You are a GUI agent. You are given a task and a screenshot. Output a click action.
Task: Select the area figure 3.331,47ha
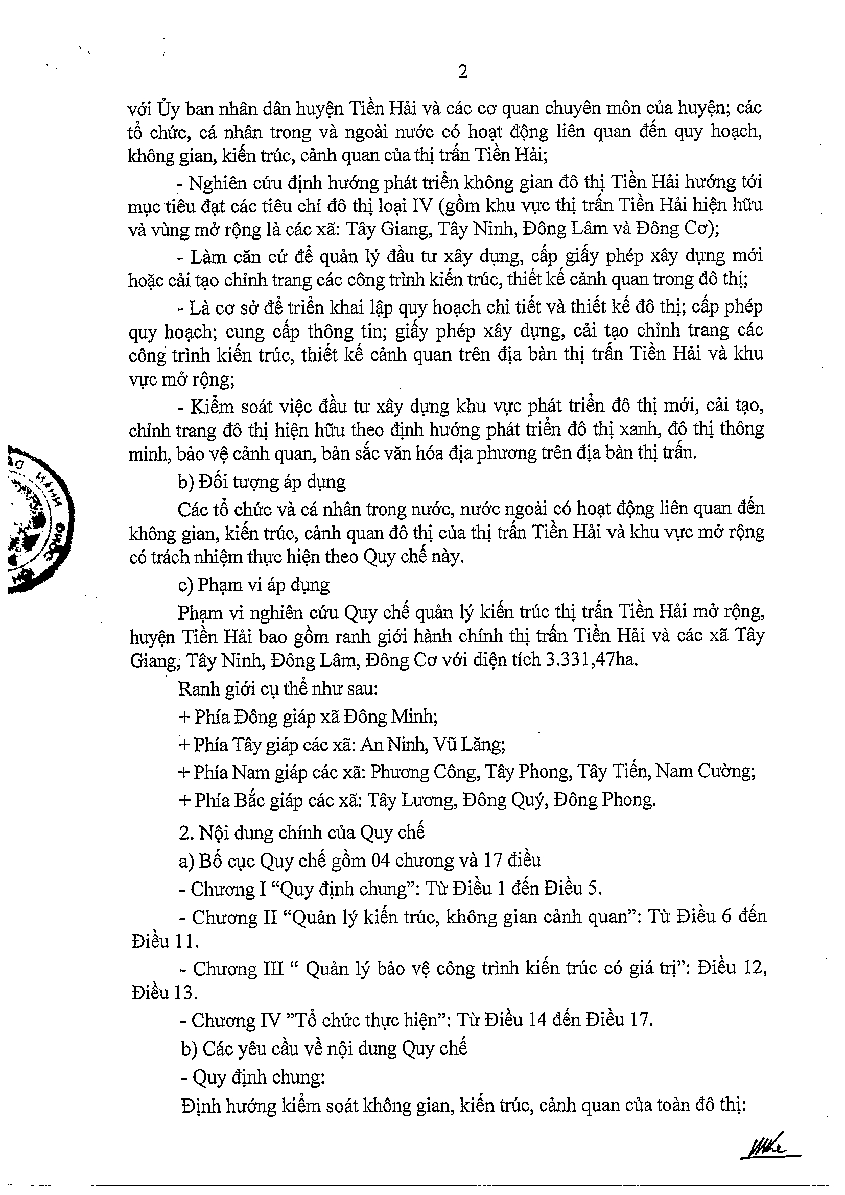click(591, 660)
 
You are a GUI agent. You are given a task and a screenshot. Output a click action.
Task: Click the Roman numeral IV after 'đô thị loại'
click(425, 205)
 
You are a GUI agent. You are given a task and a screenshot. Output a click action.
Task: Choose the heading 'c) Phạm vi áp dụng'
click(253, 585)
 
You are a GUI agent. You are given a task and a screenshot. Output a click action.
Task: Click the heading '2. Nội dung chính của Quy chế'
click(301, 832)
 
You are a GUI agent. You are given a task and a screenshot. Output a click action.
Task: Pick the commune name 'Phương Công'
click(424, 772)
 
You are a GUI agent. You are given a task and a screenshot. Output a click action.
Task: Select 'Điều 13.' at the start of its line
click(164, 993)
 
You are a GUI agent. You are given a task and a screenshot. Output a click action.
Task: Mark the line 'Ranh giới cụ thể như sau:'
click(277, 689)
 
